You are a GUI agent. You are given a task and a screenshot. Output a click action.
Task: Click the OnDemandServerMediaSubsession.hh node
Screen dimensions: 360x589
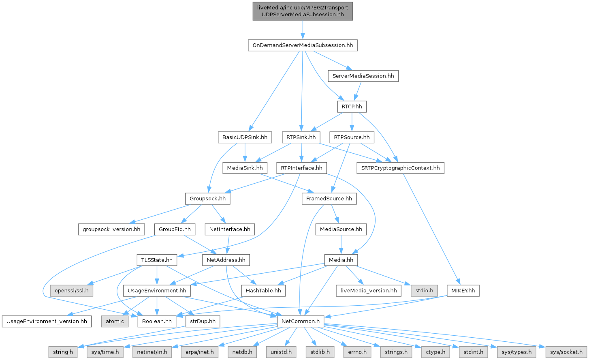(303, 45)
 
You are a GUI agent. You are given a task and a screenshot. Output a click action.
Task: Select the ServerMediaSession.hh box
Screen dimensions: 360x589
(363, 76)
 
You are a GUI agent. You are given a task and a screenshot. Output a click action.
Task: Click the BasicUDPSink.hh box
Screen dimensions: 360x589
(245, 137)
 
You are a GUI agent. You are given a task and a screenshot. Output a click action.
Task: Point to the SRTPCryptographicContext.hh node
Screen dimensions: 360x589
(400, 168)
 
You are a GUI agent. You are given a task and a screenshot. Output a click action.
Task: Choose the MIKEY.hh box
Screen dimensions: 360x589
(463, 291)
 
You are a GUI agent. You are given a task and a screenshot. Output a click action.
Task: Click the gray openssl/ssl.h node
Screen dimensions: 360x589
(72, 291)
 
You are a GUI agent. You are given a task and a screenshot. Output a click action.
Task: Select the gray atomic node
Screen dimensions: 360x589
(115, 321)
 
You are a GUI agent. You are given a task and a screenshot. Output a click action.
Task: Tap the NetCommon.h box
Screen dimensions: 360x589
(301, 321)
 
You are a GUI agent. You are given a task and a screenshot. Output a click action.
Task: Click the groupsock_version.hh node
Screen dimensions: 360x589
(111, 229)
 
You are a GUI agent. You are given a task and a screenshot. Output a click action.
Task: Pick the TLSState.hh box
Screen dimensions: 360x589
(157, 260)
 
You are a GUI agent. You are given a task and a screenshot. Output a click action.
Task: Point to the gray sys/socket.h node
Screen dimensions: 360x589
(566, 352)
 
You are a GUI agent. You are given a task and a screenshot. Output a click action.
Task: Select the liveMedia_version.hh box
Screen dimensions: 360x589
(369, 291)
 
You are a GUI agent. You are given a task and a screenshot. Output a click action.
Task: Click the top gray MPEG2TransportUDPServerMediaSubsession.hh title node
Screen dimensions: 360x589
(303, 11)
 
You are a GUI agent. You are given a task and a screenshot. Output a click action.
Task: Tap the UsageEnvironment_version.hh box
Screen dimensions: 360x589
(46, 321)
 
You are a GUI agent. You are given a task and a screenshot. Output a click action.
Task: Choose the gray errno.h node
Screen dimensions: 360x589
(357, 352)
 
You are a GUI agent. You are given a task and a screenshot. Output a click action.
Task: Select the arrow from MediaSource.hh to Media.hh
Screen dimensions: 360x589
(341, 244)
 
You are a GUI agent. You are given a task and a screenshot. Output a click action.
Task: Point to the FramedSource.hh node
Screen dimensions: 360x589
(329, 199)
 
